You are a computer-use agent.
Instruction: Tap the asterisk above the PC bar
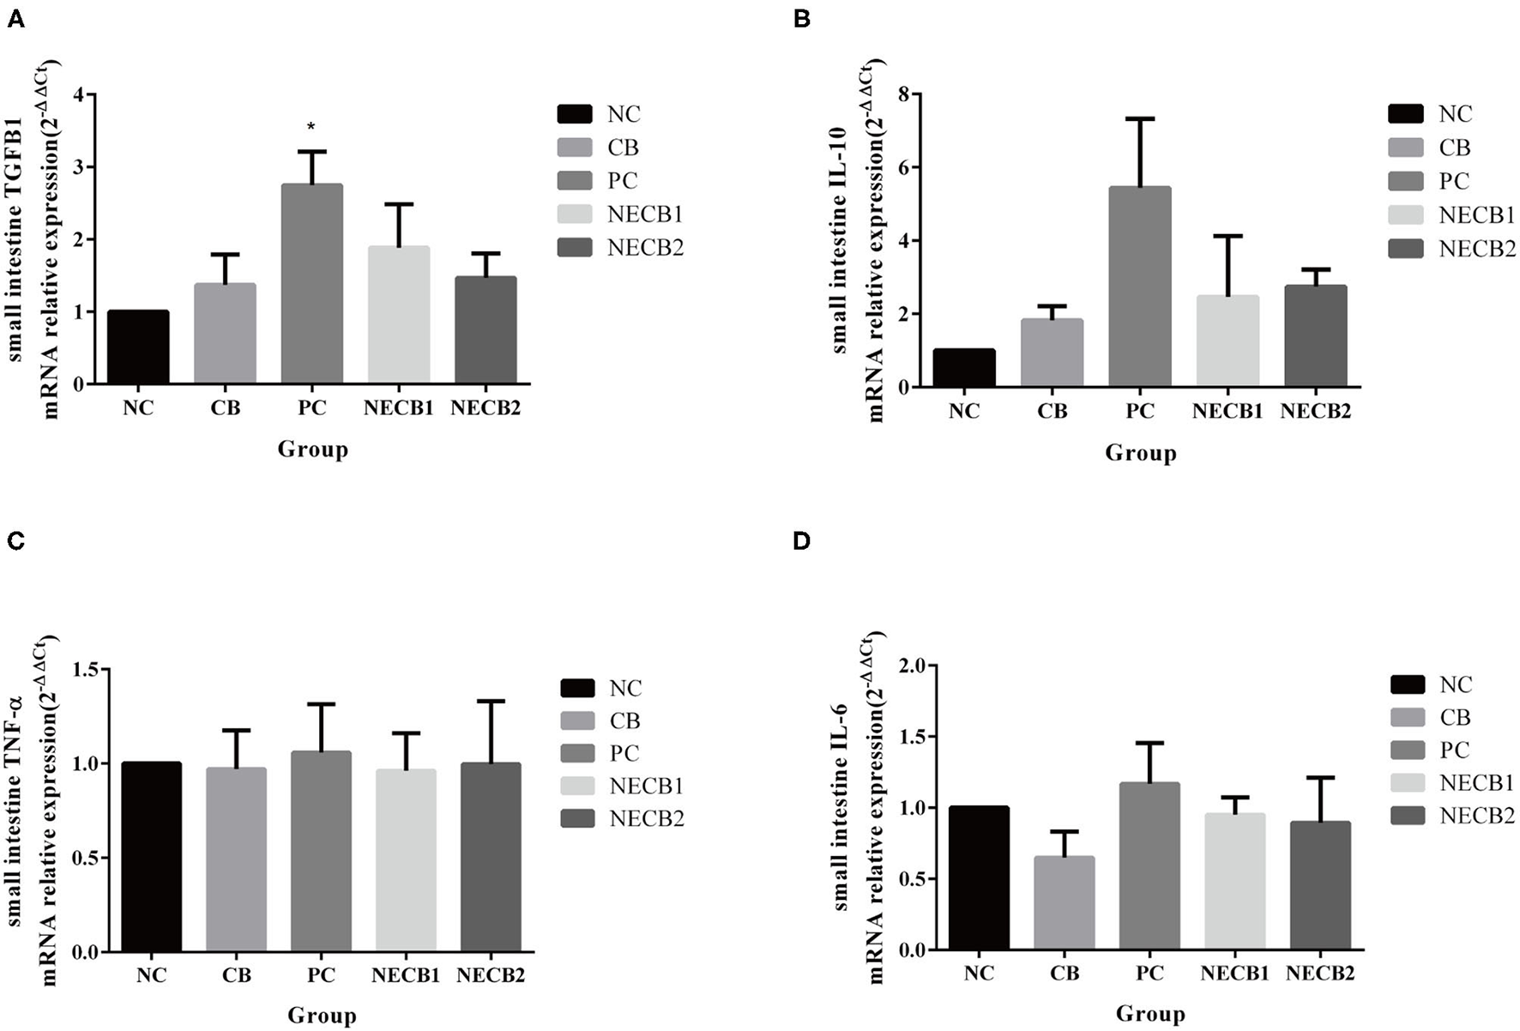[311, 128]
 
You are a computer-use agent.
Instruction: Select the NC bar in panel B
[964, 368]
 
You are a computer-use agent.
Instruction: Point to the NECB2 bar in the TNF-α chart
[491, 858]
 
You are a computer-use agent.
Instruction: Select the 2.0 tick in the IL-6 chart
[914, 666]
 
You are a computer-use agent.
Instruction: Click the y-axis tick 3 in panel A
[79, 167]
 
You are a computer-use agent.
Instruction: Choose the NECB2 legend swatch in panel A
[574, 248]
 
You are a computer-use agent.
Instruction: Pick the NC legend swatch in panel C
[576, 688]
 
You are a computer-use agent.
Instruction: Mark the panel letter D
[802, 541]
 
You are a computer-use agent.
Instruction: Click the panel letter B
[802, 18]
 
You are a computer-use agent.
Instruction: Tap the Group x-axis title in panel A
[312, 449]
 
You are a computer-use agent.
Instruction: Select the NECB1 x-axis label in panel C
[406, 976]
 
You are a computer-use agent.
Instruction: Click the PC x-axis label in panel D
[1149, 974]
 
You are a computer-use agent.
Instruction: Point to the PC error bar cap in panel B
[1139, 118]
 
